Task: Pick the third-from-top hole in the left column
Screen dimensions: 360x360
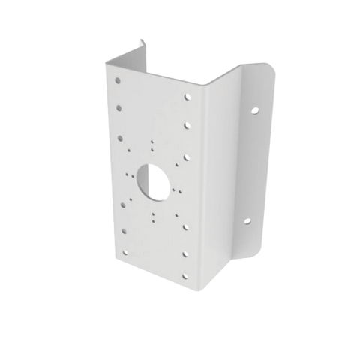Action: [120, 136]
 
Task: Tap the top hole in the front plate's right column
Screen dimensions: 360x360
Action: [186, 95]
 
